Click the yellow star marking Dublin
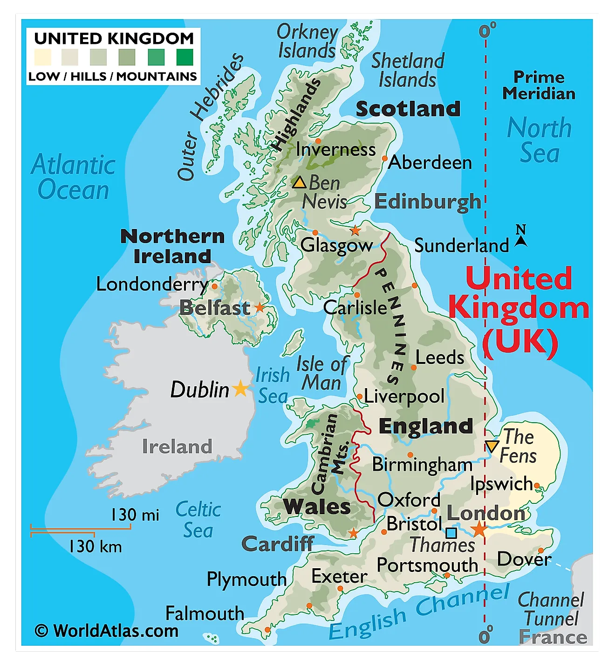[240, 388]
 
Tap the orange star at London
[478, 529]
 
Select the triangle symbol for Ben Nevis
[299, 182]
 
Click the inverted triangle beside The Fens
[492, 446]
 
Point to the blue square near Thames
[451, 533]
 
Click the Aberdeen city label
[430, 162]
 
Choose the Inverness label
[335, 150]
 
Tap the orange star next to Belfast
[260, 307]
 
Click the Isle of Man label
[322, 373]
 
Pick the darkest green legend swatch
[184, 57]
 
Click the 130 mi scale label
[135, 515]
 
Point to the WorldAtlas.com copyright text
[107, 631]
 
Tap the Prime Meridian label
[539, 85]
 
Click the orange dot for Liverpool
[360, 397]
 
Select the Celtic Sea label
[198, 520]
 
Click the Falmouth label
[205, 613]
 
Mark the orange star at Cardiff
[354, 533]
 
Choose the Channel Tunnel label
[551, 609]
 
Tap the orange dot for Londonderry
[214, 286]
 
